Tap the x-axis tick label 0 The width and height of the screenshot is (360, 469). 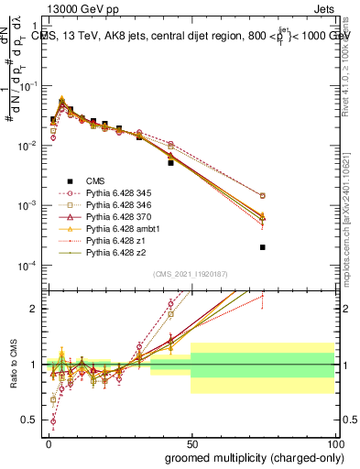[48, 442]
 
